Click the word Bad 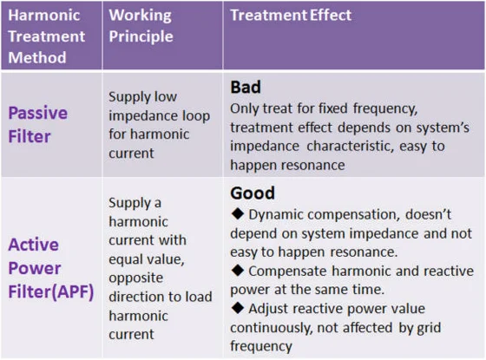[246, 87]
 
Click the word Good [253, 193]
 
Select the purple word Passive [38, 113]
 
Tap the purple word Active [34, 245]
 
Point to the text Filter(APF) [51, 291]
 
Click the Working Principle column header [141, 26]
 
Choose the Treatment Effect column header [291, 16]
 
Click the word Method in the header [37, 57]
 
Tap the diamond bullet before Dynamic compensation [238, 213]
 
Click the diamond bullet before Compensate [238, 270]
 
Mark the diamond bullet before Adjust [238, 308]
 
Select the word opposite [135, 278]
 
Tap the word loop [196, 116]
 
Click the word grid [430, 328]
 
